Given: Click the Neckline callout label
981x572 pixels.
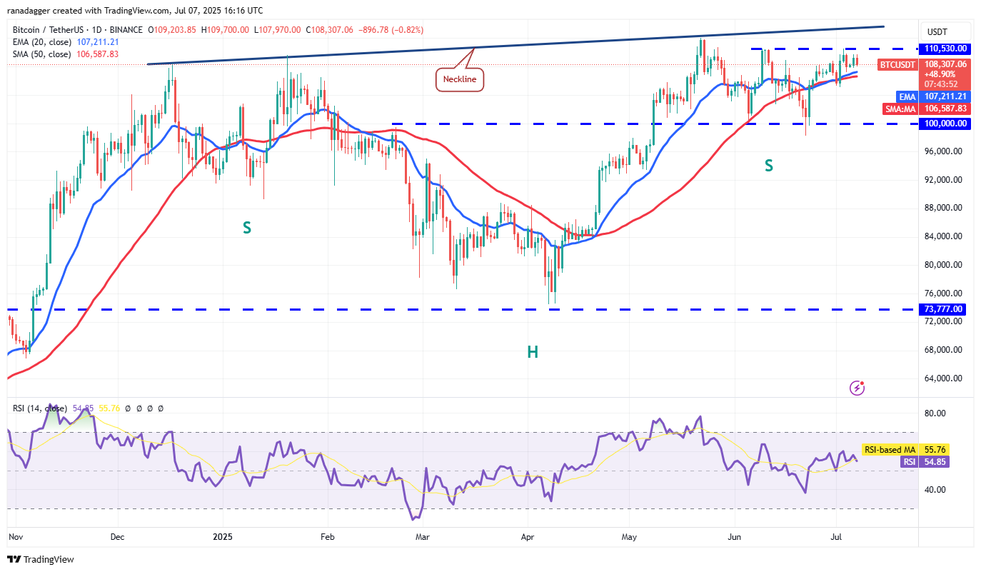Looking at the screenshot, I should [x=460, y=79].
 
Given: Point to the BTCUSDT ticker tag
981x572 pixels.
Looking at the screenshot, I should [x=897, y=64].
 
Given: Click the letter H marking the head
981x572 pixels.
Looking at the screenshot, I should [x=533, y=351].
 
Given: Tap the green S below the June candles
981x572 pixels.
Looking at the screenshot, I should [x=769, y=166].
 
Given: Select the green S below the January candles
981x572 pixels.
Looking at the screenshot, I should [x=246, y=228].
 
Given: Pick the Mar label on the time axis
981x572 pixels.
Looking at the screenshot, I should [x=423, y=536].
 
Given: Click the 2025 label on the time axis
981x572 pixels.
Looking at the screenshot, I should [x=223, y=536].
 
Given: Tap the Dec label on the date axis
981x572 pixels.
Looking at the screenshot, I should [x=118, y=536].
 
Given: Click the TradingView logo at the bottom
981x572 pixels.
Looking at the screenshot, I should [x=41, y=559].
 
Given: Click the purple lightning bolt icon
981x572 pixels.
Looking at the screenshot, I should [x=857, y=388].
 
